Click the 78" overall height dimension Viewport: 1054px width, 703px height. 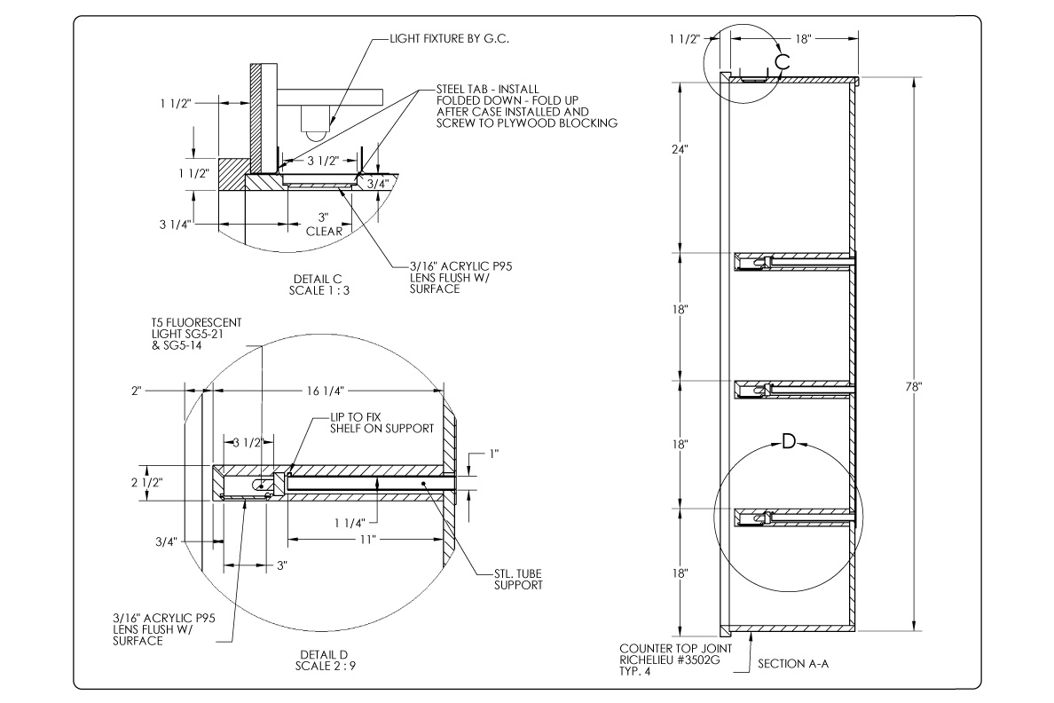click(x=914, y=387)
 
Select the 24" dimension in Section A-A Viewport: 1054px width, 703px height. click(x=680, y=149)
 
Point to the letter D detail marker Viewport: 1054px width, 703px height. click(x=789, y=441)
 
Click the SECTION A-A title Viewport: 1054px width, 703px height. click(x=793, y=664)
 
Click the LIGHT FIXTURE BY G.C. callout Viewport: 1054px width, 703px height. click(x=450, y=39)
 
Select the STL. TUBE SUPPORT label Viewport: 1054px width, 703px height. click(x=517, y=580)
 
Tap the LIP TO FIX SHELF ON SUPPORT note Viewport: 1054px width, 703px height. click(x=381, y=423)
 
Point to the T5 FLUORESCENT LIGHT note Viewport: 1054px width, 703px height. click(x=197, y=334)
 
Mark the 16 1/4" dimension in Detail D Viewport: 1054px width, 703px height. click(x=326, y=391)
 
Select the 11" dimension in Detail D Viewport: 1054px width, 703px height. click(x=367, y=539)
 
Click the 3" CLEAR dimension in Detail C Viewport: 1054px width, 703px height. click(x=324, y=225)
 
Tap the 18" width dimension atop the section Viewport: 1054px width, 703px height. click(x=803, y=39)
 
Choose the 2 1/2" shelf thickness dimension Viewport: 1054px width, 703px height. click(x=146, y=482)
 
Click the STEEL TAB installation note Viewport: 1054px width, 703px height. click(x=526, y=106)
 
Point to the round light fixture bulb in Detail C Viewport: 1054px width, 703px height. click(x=314, y=133)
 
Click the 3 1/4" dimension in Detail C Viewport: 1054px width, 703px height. click(x=176, y=224)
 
